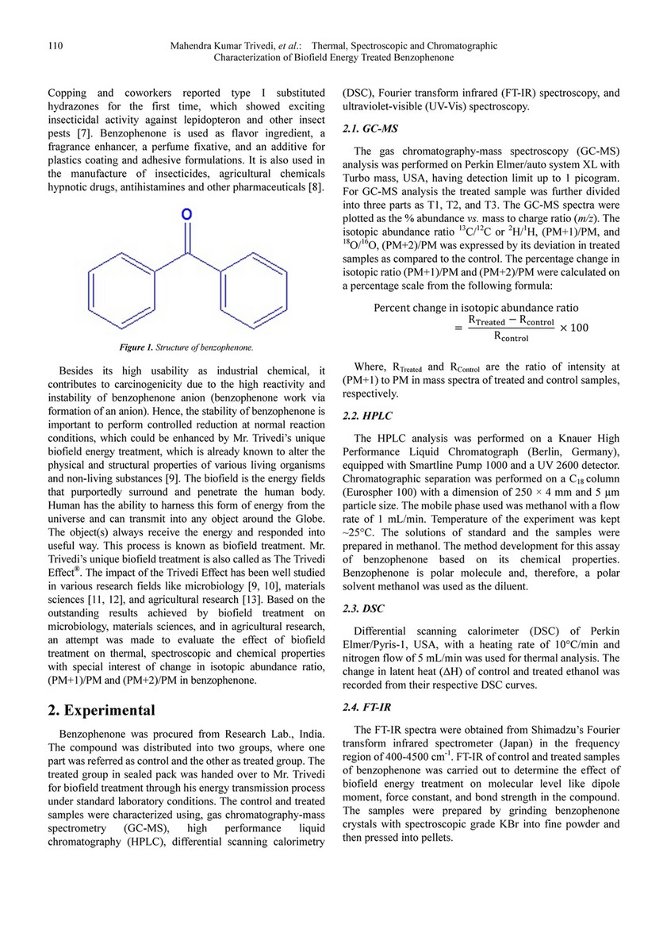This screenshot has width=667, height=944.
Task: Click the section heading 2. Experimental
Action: pyautogui.click(x=101, y=710)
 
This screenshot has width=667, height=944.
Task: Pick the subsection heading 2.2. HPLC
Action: pyautogui.click(x=366, y=416)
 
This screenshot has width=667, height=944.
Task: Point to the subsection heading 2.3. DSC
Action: pyautogui.click(x=362, y=609)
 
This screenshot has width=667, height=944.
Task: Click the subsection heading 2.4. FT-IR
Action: pyautogui.click(x=366, y=708)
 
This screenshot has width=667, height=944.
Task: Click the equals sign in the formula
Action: pyautogui.click(x=458, y=327)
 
